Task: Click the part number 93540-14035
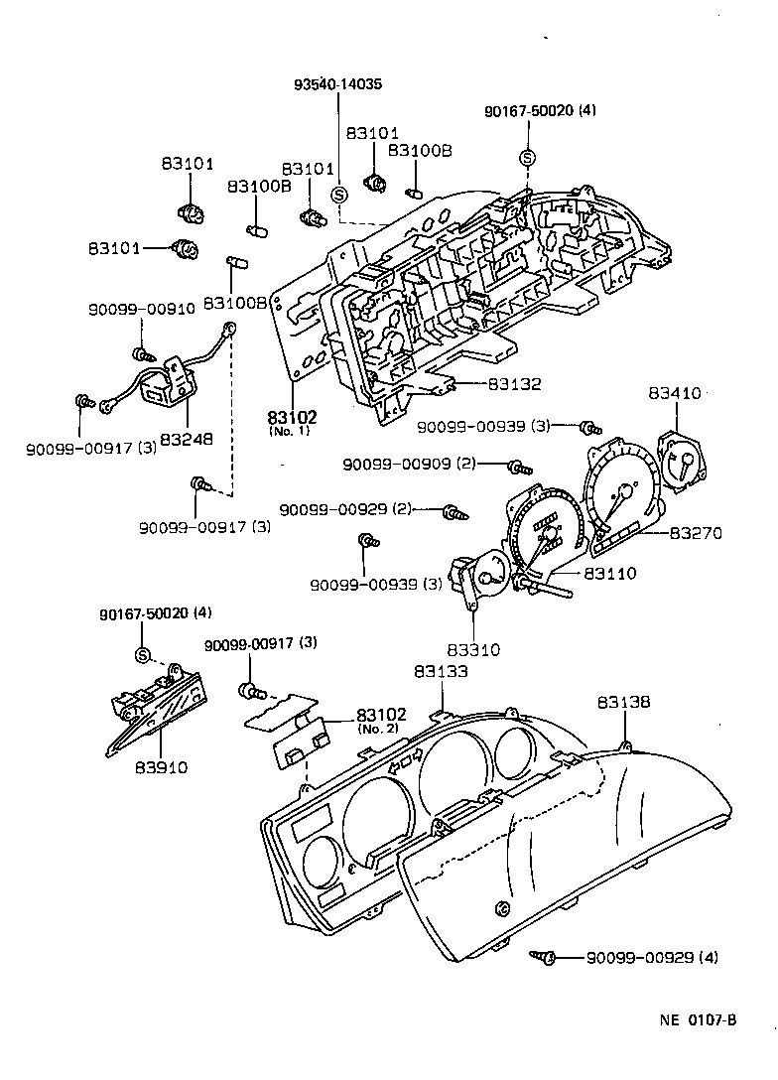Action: click(337, 84)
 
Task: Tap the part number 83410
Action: click(676, 393)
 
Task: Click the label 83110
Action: click(609, 574)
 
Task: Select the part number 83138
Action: click(623, 702)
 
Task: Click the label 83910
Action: click(161, 767)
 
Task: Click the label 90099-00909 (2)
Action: click(410, 465)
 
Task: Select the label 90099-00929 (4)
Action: click(651, 958)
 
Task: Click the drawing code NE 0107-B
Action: click(700, 1019)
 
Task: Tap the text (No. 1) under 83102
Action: click(288, 432)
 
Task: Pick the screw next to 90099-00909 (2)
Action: click(517, 466)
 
